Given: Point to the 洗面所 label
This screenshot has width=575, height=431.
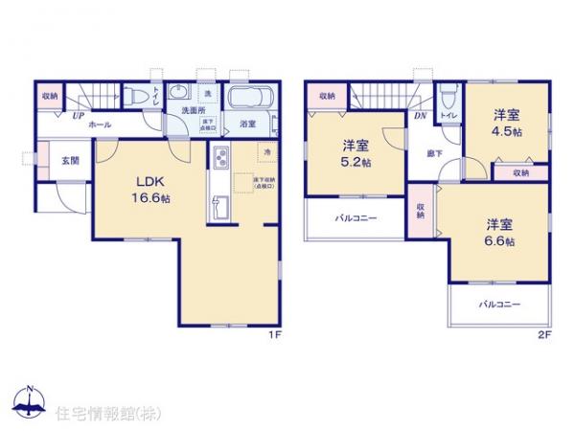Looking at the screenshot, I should pos(196,110).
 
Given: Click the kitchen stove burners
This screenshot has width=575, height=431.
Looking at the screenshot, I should pos(219,158).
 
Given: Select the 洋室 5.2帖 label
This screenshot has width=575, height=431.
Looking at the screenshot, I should pos(356,153).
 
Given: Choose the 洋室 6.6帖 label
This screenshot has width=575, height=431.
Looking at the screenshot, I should pos(498,233).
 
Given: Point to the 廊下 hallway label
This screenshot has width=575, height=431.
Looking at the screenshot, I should pos(433,151).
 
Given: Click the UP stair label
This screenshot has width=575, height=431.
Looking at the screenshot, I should pos(74,116).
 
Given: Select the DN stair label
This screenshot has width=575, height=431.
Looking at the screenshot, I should pos(420,116).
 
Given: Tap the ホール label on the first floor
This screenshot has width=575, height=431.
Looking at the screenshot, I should pos(98,125).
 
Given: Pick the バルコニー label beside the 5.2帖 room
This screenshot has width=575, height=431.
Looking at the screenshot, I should pos(356,218).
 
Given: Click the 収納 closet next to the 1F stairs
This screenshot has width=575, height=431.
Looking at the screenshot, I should pos(50,96).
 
